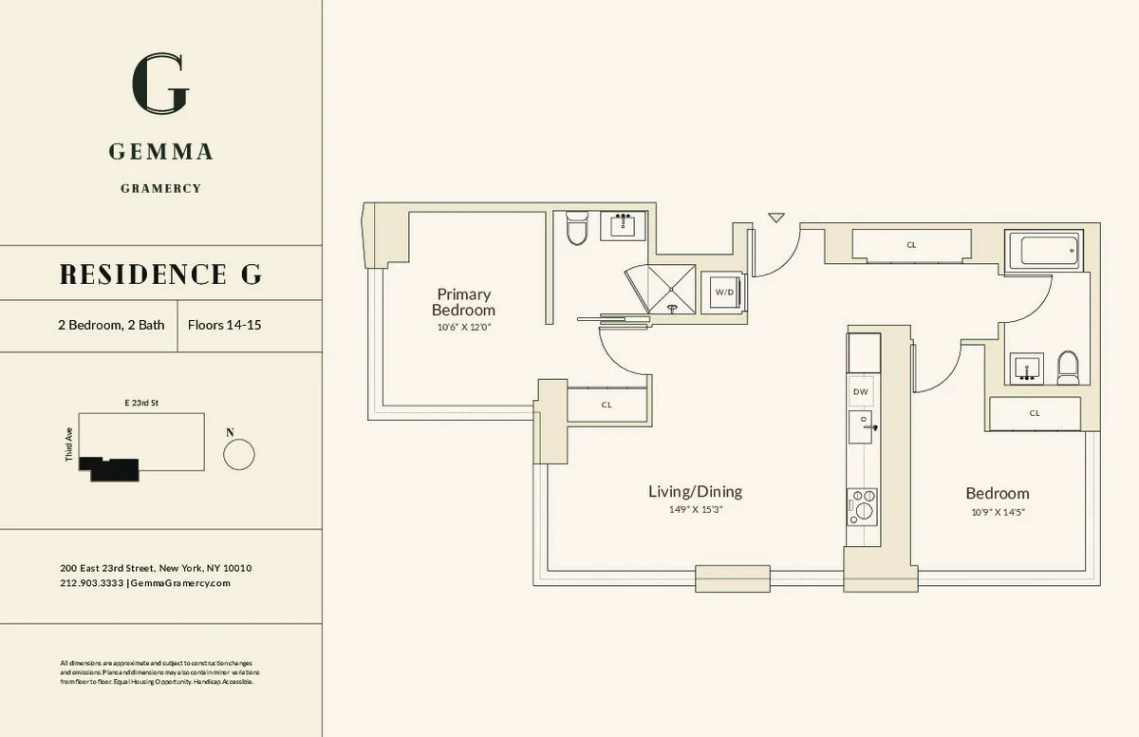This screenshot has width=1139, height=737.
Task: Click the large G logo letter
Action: click(x=160, y=85)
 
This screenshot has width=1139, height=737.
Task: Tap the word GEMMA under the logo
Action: click(x=160, y=152)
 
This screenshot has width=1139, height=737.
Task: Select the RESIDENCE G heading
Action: click(x=160, y=274)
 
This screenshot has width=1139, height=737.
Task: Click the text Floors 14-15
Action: click(x=225, y=325)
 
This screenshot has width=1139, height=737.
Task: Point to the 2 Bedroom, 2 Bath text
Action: click(x=110, y=325)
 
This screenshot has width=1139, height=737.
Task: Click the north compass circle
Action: click(x=238, y=454)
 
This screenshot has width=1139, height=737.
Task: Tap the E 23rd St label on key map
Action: click(x=140, y=403)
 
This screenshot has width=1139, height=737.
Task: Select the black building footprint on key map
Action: click(x=108, y=467)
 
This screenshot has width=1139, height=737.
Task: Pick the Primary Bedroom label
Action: click(x=463, y=302)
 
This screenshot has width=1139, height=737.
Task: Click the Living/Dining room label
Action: click(x=695, y=491)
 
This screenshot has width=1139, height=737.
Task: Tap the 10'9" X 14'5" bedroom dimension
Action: click(x=997, y=512)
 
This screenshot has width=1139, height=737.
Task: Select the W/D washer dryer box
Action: click(x=724, y=292)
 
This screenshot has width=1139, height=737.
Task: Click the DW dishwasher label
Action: click(x=861, y=391)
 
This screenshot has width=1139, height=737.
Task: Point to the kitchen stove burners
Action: click(x=864, y=503)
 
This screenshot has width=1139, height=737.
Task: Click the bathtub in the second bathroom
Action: click(x=1048, y=251)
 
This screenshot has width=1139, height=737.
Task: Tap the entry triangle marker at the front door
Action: click(x=776, y=217)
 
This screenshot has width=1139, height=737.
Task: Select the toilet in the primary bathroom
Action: click(x=577, y=229)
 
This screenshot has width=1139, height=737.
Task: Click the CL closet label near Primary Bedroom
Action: click(x=607, y=404)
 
